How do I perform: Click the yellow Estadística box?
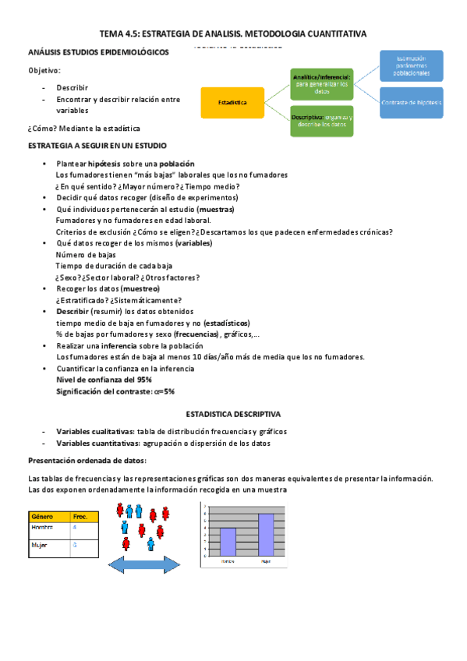[x=232, y=103]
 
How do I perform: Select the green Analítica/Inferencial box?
[x=321, y=84]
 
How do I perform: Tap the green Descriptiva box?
[x=321, y=120]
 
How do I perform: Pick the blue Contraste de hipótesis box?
[x=412, y=103]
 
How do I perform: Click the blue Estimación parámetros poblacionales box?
[x=412, y=65]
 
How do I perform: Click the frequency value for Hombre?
[x=75, y=528]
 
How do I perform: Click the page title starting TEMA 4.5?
[x=233, y=34]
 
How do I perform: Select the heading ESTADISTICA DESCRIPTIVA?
[x=232, y=415]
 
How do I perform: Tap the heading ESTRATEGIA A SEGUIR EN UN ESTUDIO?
[x=97, y=146]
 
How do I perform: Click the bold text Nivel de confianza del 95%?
[x=104, y=379]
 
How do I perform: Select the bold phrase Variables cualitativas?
[x=94, y=431]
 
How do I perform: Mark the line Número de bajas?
[x=86, y=254]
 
